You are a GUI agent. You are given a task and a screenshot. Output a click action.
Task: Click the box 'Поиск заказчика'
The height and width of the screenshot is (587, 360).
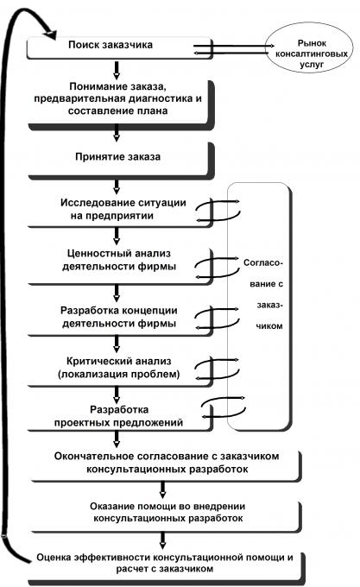[120, 47]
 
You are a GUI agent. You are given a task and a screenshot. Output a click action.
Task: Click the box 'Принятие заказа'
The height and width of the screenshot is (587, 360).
[121, 161]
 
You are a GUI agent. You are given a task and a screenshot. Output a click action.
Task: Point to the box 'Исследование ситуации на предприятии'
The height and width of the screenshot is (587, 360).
[120, 211]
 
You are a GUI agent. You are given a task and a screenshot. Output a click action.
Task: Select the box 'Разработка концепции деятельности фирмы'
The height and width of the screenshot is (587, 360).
[120, 319]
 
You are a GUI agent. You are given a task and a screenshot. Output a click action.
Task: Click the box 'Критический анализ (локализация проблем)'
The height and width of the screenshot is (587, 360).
[120, 369]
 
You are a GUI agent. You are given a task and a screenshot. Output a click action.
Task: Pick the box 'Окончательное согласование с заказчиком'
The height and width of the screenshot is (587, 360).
[166, 465]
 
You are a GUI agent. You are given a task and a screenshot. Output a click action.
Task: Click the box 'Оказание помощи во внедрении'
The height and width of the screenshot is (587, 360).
[166, 516]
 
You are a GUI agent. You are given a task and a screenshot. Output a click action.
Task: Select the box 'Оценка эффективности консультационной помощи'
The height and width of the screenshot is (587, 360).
[167, 567]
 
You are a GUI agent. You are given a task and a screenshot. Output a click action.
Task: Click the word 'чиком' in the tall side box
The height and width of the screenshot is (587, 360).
[269, 326]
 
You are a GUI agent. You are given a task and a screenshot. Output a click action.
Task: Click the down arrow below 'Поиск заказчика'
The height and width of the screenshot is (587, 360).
[117, 69]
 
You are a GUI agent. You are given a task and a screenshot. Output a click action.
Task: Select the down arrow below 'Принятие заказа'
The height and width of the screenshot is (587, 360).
[117, 186]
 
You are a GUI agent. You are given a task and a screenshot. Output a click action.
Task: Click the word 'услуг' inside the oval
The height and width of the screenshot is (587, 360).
[312, 65]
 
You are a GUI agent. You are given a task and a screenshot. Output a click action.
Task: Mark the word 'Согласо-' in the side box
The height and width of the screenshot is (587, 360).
[263, 262]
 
